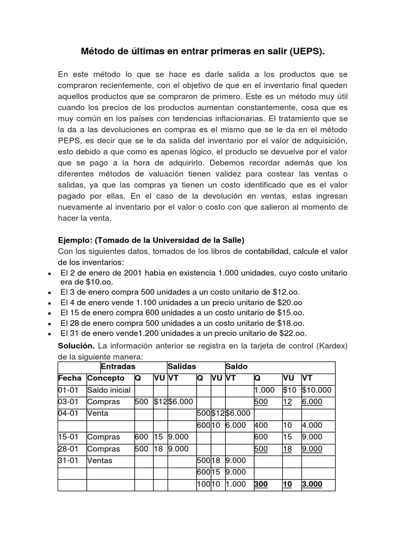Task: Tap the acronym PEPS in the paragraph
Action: click(69, 140)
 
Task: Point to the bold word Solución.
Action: click(76, 345)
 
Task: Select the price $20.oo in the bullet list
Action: click(288, 303)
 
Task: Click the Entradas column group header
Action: click(118, 367)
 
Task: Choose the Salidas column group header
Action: click(182, 367)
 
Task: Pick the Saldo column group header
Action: click(236, 367)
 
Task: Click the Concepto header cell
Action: click(106, 378)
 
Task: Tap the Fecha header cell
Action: click(70, 378)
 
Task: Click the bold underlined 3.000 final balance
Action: click(312, 484)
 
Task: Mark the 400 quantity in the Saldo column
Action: click(261, 425)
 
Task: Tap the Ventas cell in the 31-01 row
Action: click(100, 460)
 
